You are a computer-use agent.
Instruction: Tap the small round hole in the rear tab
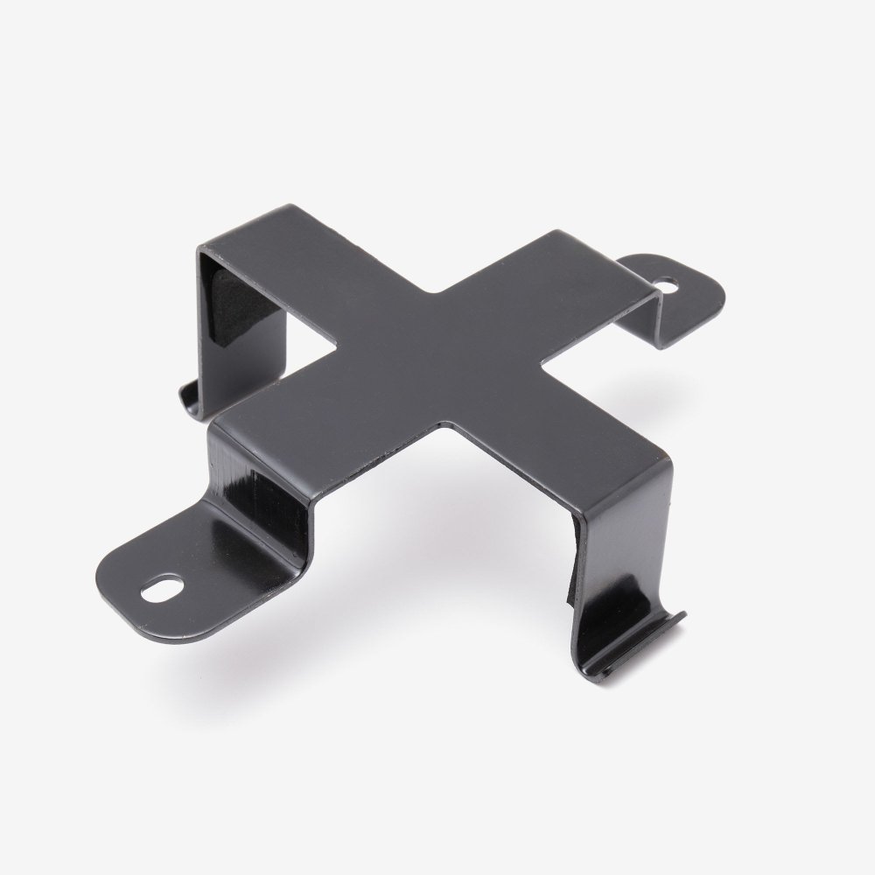[668, 284]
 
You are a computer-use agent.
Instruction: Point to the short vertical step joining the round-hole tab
[652, 315]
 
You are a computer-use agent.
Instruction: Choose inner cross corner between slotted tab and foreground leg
[446, 425]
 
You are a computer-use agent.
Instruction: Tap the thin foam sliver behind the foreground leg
[572, 560]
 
